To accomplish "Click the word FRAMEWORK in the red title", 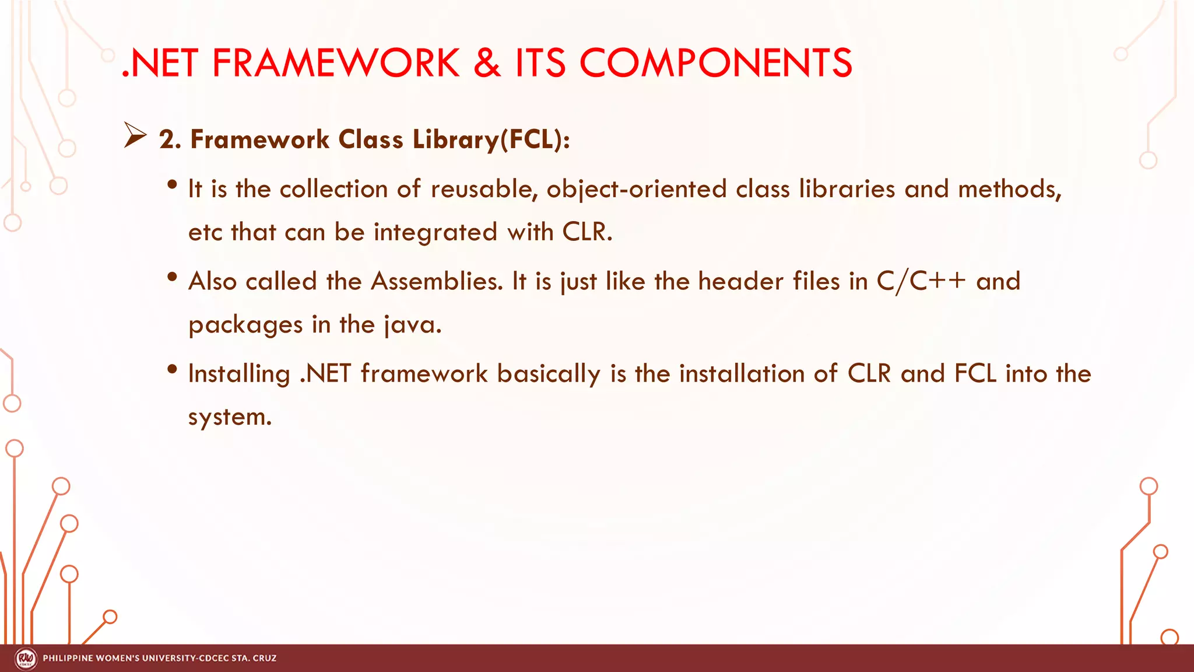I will tap(336, 63).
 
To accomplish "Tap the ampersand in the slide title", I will tap(487, 63).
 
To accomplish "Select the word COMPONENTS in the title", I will tap(715, 63).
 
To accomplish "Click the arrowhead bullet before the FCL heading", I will tap(135, 136).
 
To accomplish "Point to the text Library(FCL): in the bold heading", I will tap(491, 140).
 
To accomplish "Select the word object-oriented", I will tap(636, 190).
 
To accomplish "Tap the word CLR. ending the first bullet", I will tap(587, 232).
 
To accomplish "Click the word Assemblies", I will tap(437, 282).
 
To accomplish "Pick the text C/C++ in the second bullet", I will tap(921, 282).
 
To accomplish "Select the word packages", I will tap(245, 325).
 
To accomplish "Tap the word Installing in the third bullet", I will tap(239, 374).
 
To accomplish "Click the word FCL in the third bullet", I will tap(975, 374).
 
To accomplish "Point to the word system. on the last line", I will tap(230, 417).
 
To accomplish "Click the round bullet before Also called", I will tap(171, 277).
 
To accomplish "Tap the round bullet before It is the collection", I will tap(171, 185).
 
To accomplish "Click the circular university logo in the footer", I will tap(26, 659).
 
